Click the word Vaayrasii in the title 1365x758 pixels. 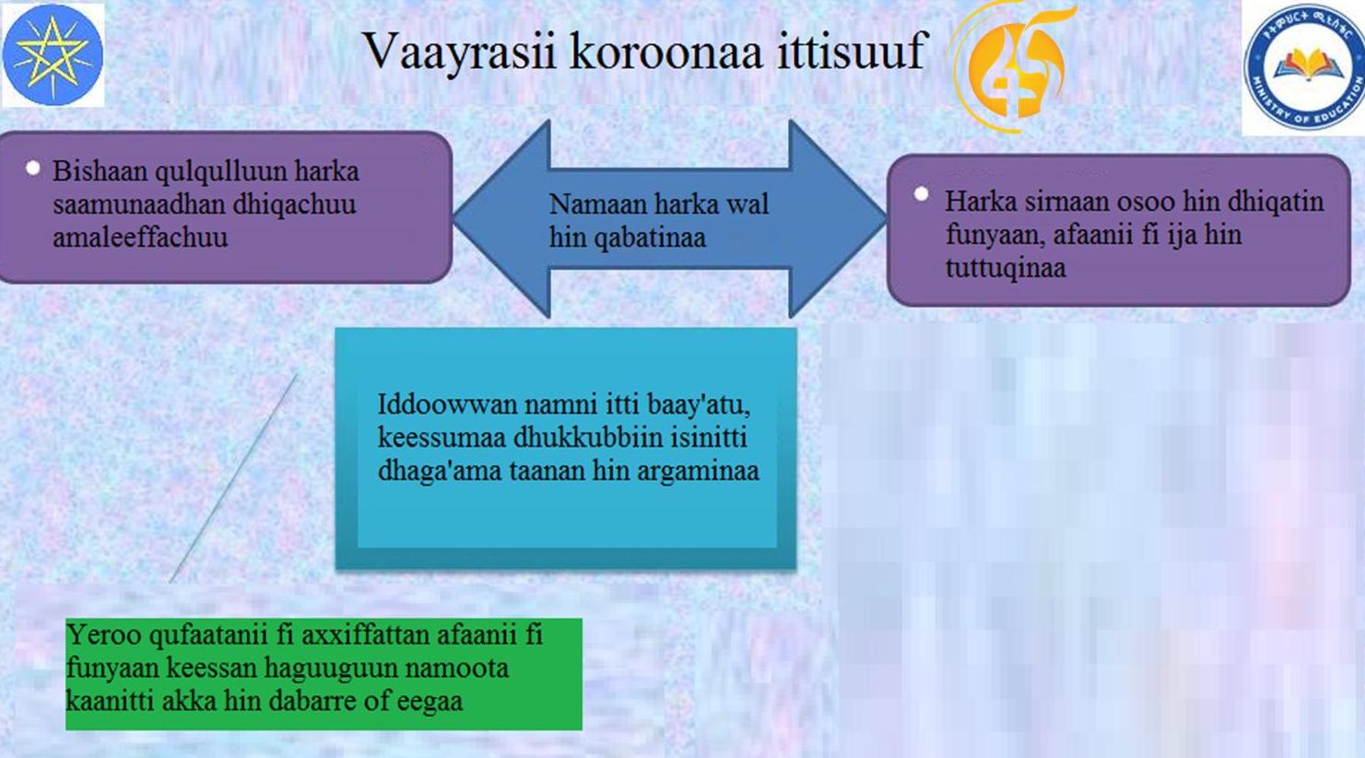coord(461,52)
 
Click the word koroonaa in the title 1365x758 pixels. coord(666,50)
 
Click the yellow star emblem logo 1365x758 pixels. coord(53,54)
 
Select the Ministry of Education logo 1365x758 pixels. coord(1304,67)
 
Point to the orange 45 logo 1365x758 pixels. coord(1012,64)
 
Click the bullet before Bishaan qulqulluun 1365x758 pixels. coord(33,168)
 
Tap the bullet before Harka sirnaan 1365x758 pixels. coord(921,194)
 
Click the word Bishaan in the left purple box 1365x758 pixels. coord(100,171)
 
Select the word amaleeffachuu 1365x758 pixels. coord(140,237)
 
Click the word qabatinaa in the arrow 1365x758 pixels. coord(650,238)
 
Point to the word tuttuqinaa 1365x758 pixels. coord(1006,269)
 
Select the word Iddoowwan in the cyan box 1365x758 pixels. coord(447,404)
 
